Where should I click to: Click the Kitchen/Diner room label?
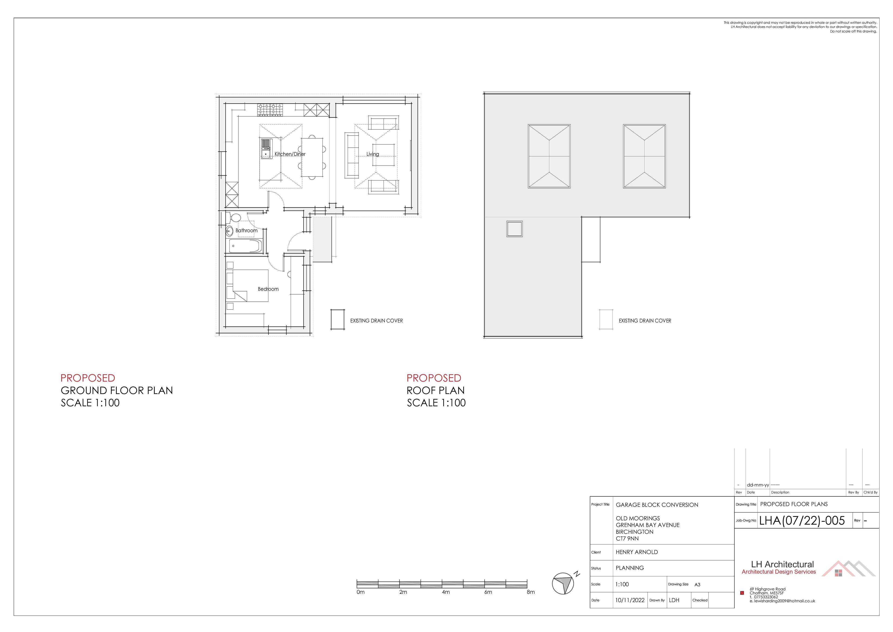(290, 154)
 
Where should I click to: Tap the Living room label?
(372, 154)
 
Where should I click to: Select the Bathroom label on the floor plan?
(246, 230)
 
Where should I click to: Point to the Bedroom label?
(268, 289)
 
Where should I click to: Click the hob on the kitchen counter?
(270, 110)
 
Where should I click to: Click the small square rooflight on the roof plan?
(514, 229)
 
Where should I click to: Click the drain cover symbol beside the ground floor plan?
(337, 320)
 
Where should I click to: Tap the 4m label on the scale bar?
(446, 592)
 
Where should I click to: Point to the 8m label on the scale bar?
(531, 592)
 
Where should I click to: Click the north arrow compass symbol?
(563, 583)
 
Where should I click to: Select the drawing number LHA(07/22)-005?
(802, 521)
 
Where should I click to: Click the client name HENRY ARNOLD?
(636, 552)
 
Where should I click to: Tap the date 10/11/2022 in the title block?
(630, 600)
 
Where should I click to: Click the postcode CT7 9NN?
(627, 538)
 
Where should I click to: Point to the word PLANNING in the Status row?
(630, 568)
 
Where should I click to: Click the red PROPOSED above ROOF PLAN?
(434, 378)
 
